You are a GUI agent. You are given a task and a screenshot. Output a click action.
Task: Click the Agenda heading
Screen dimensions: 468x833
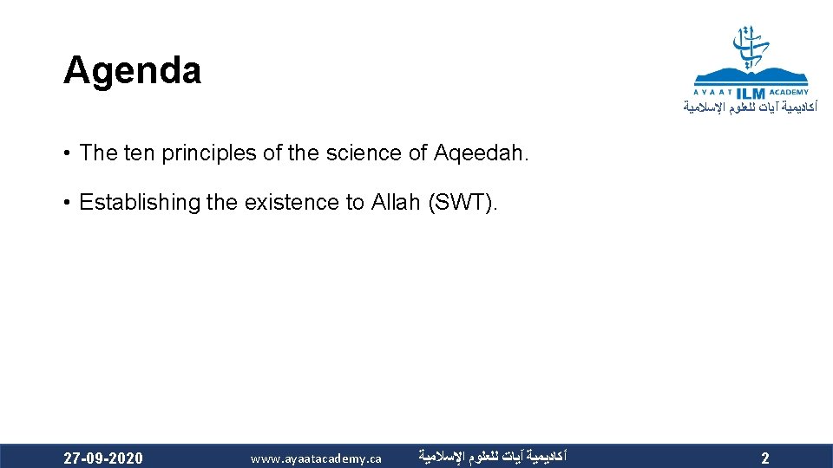[x=132, y=71]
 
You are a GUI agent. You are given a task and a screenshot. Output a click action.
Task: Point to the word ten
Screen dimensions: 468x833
[x=139, y=153]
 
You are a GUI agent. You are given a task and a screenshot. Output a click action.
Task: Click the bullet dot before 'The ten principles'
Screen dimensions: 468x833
[x=67, y=154]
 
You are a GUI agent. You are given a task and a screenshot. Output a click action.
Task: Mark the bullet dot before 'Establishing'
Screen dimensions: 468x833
[x=67, y=204]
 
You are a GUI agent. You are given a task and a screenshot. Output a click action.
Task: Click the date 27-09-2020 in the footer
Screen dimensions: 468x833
[x=104, y=458]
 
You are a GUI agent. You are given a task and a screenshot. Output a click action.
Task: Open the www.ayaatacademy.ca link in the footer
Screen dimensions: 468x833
[x=316, y=458]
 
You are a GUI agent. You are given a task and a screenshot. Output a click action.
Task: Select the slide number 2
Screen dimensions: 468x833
[x=764, y=458]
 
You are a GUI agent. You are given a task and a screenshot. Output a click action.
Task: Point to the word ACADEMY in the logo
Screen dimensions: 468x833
[x=790, y=92]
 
